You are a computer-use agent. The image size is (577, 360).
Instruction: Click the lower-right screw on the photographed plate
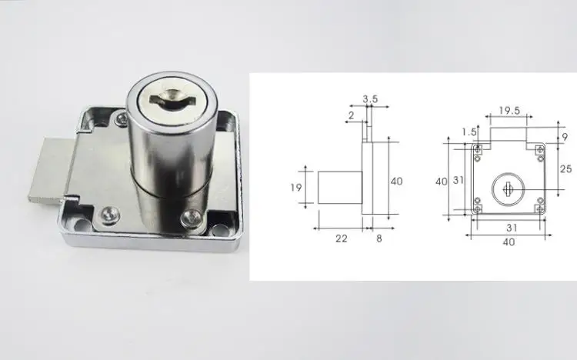click(188, 221)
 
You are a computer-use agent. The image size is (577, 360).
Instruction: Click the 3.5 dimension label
click(369, 99)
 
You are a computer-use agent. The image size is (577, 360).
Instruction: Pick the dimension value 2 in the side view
click(350, 115)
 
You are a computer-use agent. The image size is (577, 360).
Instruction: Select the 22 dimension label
click(342, 238)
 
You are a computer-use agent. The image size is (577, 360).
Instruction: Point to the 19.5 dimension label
click(508, 111)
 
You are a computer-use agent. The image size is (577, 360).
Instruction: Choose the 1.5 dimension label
click(470, 131)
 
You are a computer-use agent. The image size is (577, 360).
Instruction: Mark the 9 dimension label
click(565, 136)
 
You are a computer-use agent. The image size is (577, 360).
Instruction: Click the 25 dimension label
click(565, 169)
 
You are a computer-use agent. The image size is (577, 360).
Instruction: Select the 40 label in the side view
click(397, 181)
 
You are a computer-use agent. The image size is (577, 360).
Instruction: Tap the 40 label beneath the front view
click(508, 242)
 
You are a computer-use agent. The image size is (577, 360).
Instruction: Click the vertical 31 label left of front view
click(456, 181)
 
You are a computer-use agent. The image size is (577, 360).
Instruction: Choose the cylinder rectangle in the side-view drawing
click(340, 187)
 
